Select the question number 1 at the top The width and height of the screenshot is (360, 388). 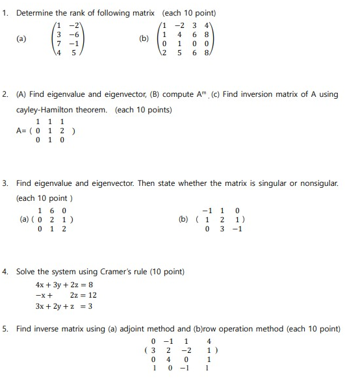coord(5,13)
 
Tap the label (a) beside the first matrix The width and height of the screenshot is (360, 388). coord(22,39)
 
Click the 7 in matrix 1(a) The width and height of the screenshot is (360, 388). coord(59,44)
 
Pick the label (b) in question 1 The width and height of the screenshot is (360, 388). coord(144,39)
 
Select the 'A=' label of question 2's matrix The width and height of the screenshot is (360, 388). coord(21,130)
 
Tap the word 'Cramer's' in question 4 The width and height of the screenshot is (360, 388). coord(116,271)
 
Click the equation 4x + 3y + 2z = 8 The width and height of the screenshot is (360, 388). coord(64,285)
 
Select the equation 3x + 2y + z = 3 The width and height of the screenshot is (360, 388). coord(64,306)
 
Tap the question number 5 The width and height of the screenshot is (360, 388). coord(5,329)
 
